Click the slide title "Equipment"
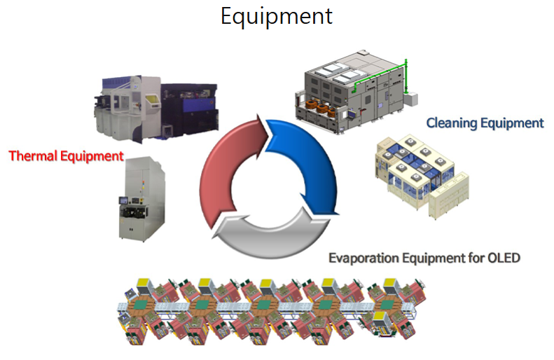[277, 15]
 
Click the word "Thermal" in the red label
[33, 155]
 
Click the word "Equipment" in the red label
[91, 155]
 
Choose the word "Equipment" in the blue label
[512, 123]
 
